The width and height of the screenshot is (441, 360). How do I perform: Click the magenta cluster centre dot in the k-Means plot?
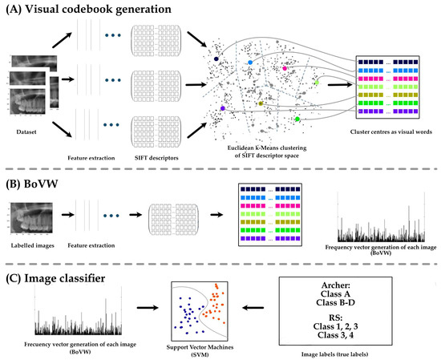point(285,69)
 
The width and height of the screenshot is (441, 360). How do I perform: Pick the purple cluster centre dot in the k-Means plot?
point(222,109)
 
